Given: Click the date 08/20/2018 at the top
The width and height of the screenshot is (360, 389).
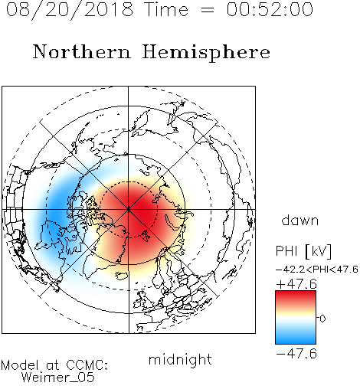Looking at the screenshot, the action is (x=70, y=10).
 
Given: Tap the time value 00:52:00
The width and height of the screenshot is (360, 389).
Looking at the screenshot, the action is (x=270, y=9).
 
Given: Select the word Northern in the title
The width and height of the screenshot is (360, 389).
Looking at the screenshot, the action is (x=82, y=52).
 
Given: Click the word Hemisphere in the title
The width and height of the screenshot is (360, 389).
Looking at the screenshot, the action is (x=206, y=53).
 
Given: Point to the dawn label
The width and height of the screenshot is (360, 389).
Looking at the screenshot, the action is (x=300, y=220).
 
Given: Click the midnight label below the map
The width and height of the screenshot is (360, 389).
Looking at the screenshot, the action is (x=180, y=360).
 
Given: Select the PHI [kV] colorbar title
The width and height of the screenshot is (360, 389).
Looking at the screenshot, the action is (x=303, y=251).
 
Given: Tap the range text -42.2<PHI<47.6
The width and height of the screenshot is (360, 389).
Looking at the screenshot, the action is (x=317, y=270).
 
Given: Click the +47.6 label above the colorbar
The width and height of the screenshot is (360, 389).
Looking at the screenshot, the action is (x=296, y=284).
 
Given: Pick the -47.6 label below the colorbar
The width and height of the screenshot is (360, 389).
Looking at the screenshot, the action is (x=296, y=354).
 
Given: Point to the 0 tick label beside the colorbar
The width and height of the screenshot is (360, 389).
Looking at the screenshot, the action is (x=322, y=319).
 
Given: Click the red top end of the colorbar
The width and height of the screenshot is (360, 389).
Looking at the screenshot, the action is (x=296, y=294).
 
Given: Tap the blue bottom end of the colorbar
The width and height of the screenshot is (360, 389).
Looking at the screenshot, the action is (x=296, y=341).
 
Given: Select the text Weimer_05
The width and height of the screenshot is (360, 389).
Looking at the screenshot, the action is (x=58, y=378).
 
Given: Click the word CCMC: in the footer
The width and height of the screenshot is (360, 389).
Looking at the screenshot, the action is (x=87, y=365).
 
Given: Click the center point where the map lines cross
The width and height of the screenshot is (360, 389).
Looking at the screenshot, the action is (x=129, y=210).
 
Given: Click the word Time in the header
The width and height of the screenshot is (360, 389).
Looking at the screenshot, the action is (x=166, y=9).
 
